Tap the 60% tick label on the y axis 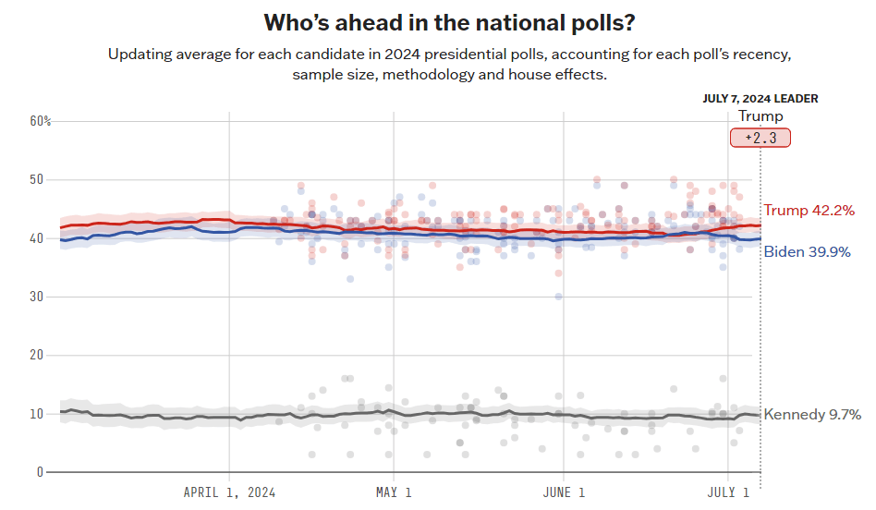tap(41, 121)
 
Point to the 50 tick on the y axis tap(37, 179)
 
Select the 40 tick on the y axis tap(37, 238)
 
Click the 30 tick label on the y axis tap(37, 297)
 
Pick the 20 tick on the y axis tap(37, 355)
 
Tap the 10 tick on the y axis tap(37, 414)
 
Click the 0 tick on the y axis tap(40, 472)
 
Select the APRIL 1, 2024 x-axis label tap(229, 492)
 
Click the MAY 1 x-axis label tap(394, 492)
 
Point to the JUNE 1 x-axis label tap(563, 492)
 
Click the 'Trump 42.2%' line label tap(809, 211)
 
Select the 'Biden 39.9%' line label tap(807, 251)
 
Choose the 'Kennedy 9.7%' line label tap(812, 415)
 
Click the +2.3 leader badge tap(760, 138)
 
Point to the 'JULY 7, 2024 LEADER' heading tap(760, 99)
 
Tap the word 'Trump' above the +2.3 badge tap(760, 116)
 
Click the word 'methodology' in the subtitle tap(409, 74)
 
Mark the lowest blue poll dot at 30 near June tap(558, 297)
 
